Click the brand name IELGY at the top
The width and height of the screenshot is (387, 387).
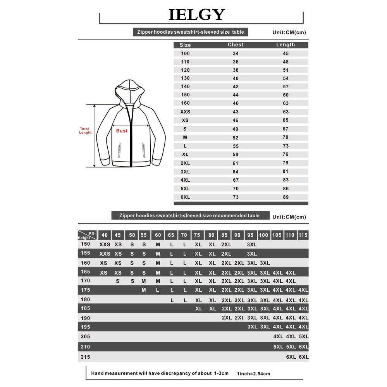pos(196,15)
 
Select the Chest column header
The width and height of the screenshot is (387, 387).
pos(236,45)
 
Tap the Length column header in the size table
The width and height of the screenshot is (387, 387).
pos(286,45)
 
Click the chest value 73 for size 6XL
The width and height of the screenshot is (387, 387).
pos(236,197)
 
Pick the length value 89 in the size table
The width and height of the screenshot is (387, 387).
pos(286,197)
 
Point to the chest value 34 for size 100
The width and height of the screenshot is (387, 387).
pos(236,53)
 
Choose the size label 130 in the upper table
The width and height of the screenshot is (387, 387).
pos(185,78)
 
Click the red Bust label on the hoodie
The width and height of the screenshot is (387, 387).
pos(122,131)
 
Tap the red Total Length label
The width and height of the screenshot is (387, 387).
pos(85,131)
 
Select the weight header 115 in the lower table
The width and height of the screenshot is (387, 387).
pos(303,235)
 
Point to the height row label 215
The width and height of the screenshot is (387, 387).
pos(85,357)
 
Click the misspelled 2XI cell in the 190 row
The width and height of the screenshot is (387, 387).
pos(239,318)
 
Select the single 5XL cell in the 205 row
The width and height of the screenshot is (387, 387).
pos(303,337)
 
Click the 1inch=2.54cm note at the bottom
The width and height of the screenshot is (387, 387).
pos(253,374)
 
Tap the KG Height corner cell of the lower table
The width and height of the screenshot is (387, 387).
pos(87,235)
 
